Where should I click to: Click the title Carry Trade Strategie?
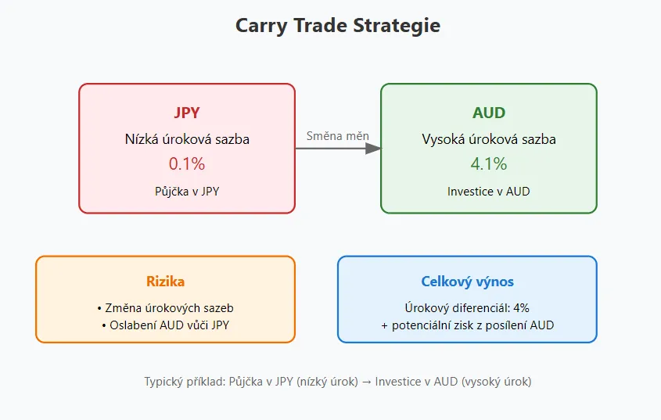pos(338,26)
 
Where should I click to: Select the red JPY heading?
pos(187,113)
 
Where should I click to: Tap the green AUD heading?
pos(489,113)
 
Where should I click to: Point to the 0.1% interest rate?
pos(187,163)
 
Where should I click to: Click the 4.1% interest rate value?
pos(489,163)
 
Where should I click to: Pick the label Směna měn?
pos(338,136)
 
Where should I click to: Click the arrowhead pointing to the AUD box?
pos(373,149)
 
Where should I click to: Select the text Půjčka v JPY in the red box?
pos(187,192)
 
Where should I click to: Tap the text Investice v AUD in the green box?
pos(489,192)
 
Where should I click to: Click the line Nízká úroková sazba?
pos(187,139)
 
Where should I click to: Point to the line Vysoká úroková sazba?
pos(489,139)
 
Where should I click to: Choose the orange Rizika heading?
pos(165,282)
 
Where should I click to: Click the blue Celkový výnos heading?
pos(467,282)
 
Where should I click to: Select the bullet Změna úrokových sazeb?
pos(165,308)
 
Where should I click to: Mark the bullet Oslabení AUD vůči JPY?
pos(165,325)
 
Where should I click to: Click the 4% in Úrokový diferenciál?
pos(521,308)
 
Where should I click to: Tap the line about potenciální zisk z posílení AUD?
pos(467,325)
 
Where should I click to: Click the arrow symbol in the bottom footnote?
pos(366,382)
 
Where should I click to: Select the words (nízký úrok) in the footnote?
pos(327,382)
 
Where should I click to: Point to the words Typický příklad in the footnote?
pos(185,382)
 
